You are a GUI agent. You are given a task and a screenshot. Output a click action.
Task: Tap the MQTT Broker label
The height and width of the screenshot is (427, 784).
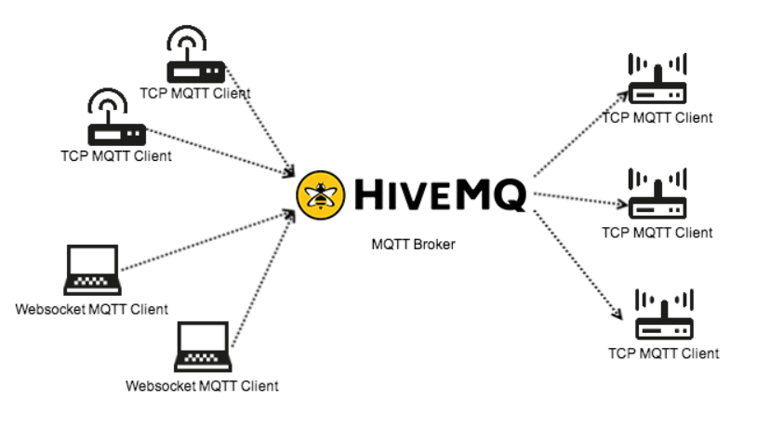coord(414,245)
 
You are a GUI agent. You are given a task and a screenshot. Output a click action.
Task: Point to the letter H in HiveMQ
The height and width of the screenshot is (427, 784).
coord(370,195)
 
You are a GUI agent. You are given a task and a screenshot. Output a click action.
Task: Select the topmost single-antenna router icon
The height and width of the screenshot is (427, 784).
coord(194,56)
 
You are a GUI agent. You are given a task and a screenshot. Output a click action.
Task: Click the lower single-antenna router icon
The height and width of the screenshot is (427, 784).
coord(114,118)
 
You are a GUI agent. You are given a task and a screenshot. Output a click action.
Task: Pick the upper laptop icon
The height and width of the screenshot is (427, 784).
coord(91,271)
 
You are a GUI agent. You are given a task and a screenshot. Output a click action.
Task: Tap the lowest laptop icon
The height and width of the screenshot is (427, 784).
coord(203,347)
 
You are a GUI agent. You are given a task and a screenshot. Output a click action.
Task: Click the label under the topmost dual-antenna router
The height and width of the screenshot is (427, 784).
coord(658,118)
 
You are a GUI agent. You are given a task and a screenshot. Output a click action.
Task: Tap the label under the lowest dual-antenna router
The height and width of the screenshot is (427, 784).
coord(664,354)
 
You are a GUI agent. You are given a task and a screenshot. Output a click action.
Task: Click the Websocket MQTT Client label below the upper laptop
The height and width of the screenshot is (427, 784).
coord(92,309)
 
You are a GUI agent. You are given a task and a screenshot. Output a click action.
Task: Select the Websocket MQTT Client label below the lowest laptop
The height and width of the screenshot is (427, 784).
coord(202,385)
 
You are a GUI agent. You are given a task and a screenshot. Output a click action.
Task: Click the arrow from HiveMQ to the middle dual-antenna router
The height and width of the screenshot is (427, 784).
coord(578,199)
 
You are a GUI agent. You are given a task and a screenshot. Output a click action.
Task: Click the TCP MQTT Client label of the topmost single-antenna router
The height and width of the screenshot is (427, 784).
coord(194,93)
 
